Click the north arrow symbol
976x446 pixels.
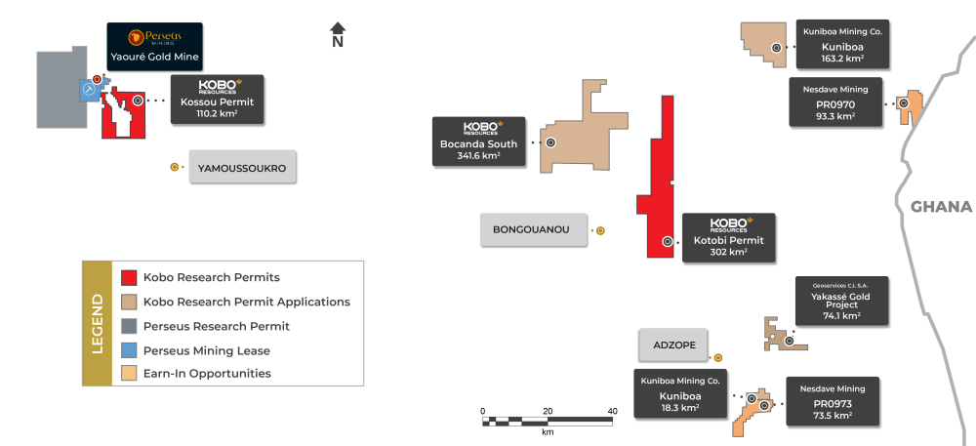(x=338, y=35)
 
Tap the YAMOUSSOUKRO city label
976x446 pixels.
(x=242, y=168)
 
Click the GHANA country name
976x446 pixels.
(x=941, y=207)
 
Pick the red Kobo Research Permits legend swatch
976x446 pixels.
(x=129, y=278)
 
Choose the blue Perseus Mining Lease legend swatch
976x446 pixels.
(x=129, y=350)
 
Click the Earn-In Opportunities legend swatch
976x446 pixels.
(x=129, y=374)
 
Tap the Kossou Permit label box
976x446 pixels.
(x=217, y=101)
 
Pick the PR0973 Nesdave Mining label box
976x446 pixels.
(x=833, y=402)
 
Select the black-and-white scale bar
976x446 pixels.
(x=548, y=421)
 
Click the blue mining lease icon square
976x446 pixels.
(x=89, y=91)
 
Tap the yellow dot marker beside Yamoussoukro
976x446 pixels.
(x=174, y=167)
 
